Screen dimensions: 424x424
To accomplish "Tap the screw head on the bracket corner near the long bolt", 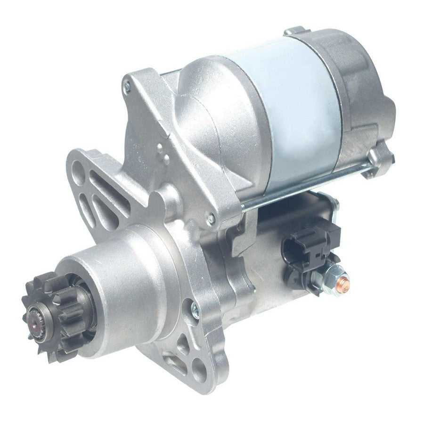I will point(212,218).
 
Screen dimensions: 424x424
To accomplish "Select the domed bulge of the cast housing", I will point(212,104).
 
